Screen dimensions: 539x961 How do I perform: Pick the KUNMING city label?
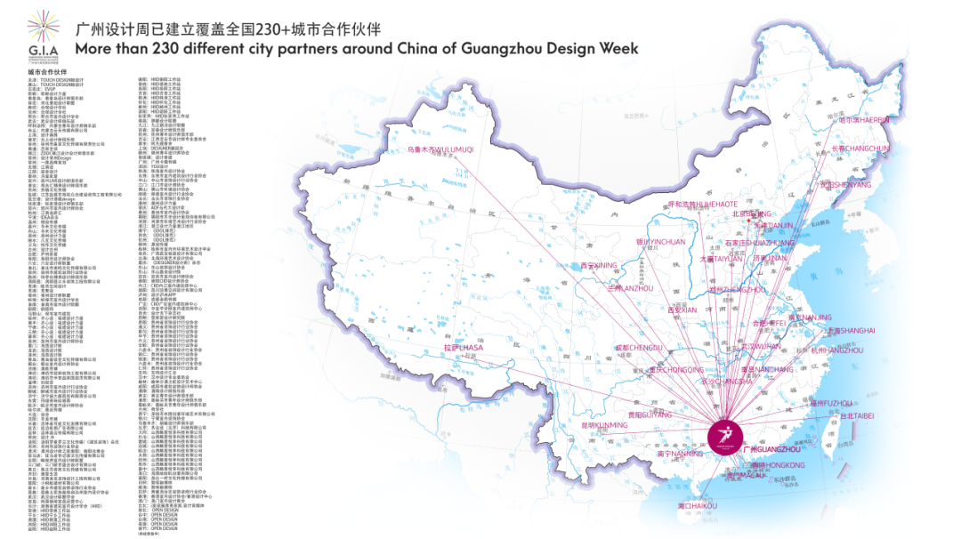click(604, 425)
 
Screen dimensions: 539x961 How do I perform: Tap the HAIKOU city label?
click(697, 505)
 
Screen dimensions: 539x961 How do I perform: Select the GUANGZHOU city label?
click(771, 449)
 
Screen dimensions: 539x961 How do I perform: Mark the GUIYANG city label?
click(648, 414)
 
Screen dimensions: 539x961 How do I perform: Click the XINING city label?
click(598, 265)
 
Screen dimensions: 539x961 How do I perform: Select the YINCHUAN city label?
click(660, 241)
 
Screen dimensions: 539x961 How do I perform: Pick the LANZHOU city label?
click(630, 288)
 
